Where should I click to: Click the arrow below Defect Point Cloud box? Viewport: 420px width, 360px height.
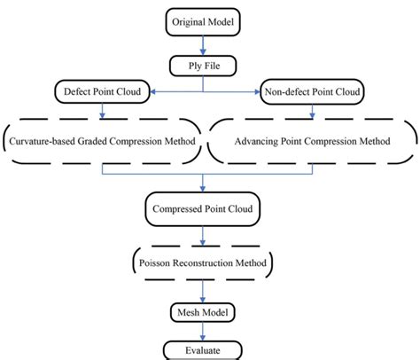[105, 111]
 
